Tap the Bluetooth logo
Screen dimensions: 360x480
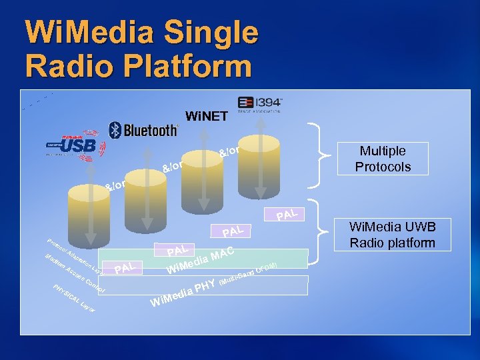coord(143,129)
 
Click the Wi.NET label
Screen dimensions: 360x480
coord(207,117)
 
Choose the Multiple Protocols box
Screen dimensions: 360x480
coord(382,159)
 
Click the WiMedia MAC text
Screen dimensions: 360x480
coord(200,262)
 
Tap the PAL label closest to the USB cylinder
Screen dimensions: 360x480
coord(127,268)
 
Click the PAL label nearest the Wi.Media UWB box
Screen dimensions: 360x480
coord(287,214)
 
